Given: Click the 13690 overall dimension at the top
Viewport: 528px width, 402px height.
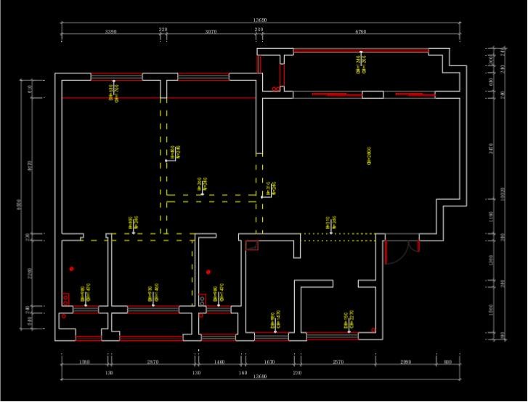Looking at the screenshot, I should [x=259, y=20].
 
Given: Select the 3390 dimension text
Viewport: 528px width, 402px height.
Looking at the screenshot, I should [x=111, y=32].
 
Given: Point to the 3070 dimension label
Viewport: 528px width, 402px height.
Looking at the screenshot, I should [x=211, y=32].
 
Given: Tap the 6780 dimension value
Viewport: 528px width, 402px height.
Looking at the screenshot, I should [x=360, y=32].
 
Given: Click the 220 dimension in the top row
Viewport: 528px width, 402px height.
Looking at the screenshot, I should [x=163, y=29].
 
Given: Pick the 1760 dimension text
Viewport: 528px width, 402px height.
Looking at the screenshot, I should [x=84, y=361].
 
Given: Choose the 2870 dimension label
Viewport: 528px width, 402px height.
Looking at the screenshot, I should [x=153, y=361].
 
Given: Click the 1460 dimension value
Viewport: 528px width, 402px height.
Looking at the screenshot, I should [x=219, y=361].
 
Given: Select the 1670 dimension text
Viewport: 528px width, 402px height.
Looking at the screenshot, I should [x=269, y=361].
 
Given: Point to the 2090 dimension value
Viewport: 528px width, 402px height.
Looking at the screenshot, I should [x=405, y=361].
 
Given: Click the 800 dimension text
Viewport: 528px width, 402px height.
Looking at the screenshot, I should [x=447, y=361].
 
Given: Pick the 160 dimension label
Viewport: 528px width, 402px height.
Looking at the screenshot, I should [x=243, y=372].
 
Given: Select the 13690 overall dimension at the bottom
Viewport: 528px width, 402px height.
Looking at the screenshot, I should [x=259, y=377].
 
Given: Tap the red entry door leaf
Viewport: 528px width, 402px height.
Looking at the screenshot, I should [x=386, y=251].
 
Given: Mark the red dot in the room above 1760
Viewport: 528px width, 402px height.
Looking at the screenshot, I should [x=71, y=269].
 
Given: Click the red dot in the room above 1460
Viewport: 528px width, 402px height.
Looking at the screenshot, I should [x=208, y=272].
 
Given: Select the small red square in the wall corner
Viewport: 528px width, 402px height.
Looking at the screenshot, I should [x=252, y=245].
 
